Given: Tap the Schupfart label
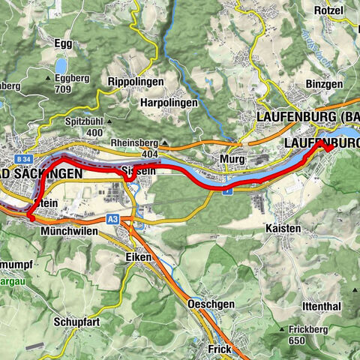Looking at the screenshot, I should [x=78, y=319].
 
